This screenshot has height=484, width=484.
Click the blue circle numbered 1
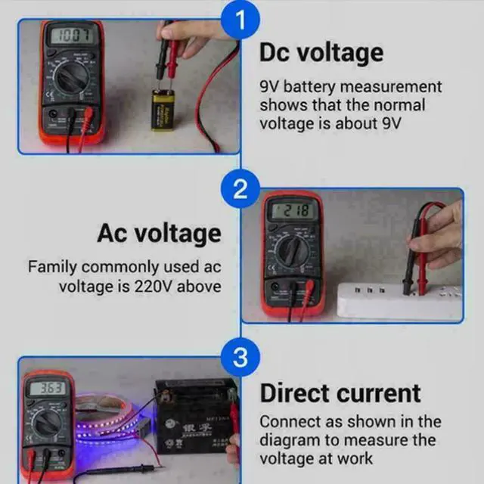click(x=240, y=21)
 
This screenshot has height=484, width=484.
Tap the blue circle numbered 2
click(x=240, y=189)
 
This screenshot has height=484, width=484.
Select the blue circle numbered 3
click(x=240, y=358)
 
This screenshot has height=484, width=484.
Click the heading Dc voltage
click(x=321, y=53)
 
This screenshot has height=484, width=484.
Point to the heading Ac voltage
click(x=159, y=234)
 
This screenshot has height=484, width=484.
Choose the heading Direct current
click(x=340, y=393)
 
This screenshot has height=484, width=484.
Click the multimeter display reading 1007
click(x=70, y=36)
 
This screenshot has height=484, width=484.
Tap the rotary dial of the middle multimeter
click(x=291, y=250)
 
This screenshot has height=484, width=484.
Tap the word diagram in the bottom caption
click(x=293, y=440)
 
